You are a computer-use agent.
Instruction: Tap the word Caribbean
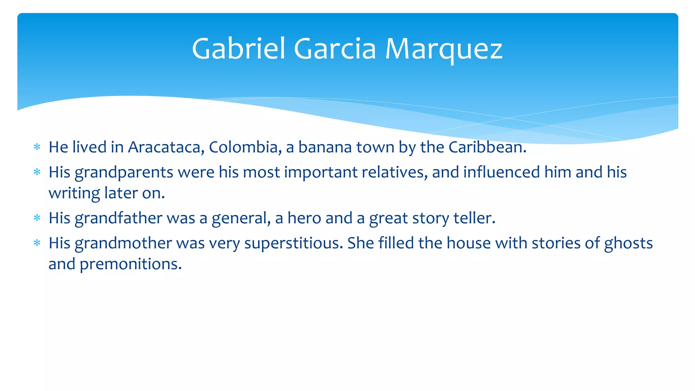[x=487, y=147]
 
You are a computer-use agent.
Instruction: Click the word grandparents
[x=124, y=172]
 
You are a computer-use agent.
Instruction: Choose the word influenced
[x=502, y=172]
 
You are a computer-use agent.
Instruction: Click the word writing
[x=74, y=193]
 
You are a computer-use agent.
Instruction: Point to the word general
[x=241, y=218]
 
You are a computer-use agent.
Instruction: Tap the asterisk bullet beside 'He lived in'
[x=37, y=147]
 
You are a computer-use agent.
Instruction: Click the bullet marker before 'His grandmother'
[x=37, y=243]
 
